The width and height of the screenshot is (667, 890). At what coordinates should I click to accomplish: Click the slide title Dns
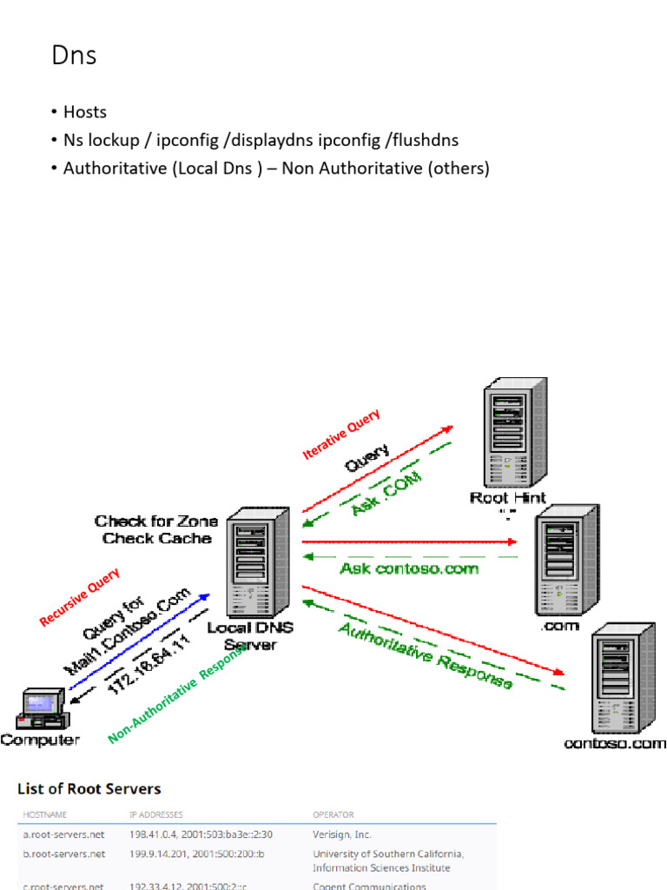pos(74,56)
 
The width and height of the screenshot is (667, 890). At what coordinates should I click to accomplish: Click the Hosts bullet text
pos(84,112)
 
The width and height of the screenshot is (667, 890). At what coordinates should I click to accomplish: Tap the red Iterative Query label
pos(340,435)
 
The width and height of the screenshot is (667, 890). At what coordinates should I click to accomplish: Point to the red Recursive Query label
pos(80,597)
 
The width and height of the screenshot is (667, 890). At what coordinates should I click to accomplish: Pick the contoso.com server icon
pos(622,682)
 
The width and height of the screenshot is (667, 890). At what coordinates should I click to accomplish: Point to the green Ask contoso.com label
pos(409,568)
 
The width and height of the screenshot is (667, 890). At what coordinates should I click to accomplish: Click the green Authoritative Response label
pos(425,655)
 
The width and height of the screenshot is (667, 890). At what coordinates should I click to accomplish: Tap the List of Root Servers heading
pos(89,789)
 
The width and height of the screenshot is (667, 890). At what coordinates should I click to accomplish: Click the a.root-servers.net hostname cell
pos(64,834)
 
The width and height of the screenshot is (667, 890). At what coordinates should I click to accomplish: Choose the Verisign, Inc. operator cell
pos(342,834)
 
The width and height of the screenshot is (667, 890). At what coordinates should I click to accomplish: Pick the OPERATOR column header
pos(333,815)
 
